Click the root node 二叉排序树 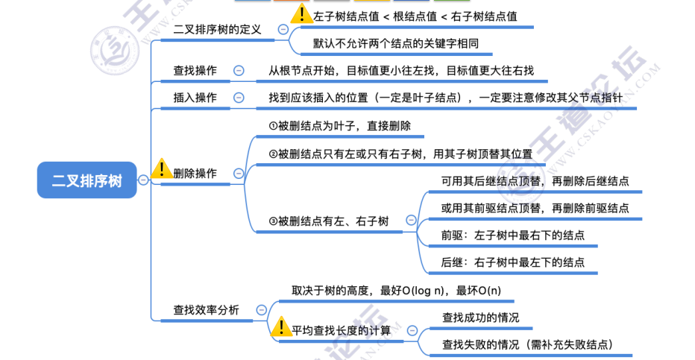[x=87, y=180]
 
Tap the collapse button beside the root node [x=142, y=180]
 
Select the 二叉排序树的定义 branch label [x=217, y=30]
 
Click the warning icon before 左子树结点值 [x=301, y=15]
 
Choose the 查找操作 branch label [x=195, y=71]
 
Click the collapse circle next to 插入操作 [x=239, y=97]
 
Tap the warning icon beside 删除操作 [x=160, y=170]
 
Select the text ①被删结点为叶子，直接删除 [x=340, y=126]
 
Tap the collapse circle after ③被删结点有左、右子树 [x=410, y=221]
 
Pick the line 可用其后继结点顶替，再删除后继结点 [x=535, y=180]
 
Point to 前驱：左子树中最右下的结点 [x=513, y=235]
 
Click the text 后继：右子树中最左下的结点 [x=513, y=262]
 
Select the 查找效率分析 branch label [x=207, y=310]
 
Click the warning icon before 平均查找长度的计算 [x=281, y=326]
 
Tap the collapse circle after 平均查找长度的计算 [x=411, y=330]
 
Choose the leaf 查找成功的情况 [x=481, y=317]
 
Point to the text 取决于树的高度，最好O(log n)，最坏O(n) [x=396, y=290]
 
